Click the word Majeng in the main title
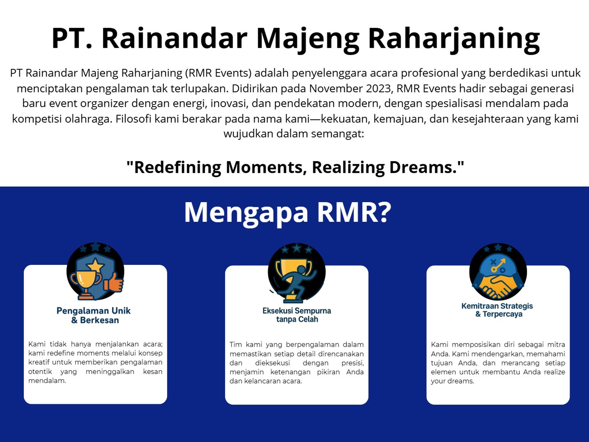tap(308, 39)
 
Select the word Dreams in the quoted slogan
tap(423, 167)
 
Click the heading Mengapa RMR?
tap(287, 213)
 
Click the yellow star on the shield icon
tap(95, 265)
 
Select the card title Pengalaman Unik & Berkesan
tap(94, 315)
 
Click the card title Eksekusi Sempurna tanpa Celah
tap(297, 315)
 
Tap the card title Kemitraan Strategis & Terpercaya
tap(497, 310)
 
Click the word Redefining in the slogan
tap(177, 168)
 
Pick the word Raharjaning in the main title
tap(454, 39)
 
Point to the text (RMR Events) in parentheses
tap(218, 73)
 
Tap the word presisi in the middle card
tap(352, 363)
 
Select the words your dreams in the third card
tap(452, 381)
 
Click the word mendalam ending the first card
tap(47, 381)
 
